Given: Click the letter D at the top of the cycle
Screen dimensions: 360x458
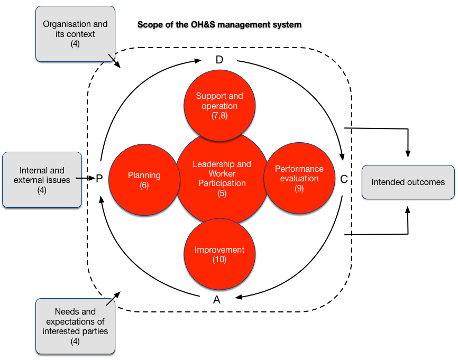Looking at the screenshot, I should pos(219,60).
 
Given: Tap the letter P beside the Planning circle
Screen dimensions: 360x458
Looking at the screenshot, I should pos(99,179).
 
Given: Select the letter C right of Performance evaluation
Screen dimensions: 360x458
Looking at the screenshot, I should pos(344,179).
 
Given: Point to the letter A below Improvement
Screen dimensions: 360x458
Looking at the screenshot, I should pos(216,300).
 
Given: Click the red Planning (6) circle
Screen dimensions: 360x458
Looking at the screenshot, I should pos(144,179).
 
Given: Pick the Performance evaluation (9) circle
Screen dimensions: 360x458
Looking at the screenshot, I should pos(299,179).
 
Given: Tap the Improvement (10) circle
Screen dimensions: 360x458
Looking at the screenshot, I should pos(219,254).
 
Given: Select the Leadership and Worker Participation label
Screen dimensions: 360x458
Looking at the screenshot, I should pos(222,174).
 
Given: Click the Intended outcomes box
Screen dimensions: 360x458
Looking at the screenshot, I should pos(408,182).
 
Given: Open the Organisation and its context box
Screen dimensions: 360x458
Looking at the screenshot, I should pos(75,33).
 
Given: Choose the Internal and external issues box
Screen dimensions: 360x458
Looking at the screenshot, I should pos(42,180).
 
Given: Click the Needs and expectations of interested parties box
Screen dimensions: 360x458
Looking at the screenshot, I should pos(75,326).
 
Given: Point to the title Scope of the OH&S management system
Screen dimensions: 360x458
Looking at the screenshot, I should pos(219,24).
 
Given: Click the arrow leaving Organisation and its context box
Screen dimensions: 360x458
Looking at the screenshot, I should pos(114,61).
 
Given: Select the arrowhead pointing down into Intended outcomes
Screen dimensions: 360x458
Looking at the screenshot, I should pos(408,153).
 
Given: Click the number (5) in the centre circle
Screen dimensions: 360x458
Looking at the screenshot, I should pos(222,193).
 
